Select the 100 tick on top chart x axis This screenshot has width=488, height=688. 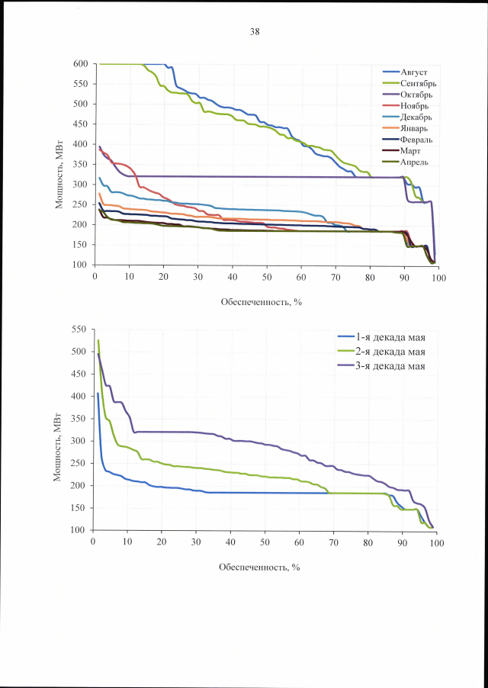[x=438, y=278]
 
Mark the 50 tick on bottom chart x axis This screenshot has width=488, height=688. [x=265, y=542]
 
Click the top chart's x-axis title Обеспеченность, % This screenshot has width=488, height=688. [x=262, y=301]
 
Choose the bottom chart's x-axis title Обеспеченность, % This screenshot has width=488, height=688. [x=261, y=567]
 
